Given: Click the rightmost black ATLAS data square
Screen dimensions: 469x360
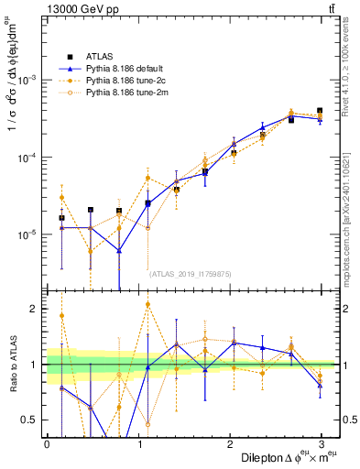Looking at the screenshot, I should (x=320, y=111).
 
